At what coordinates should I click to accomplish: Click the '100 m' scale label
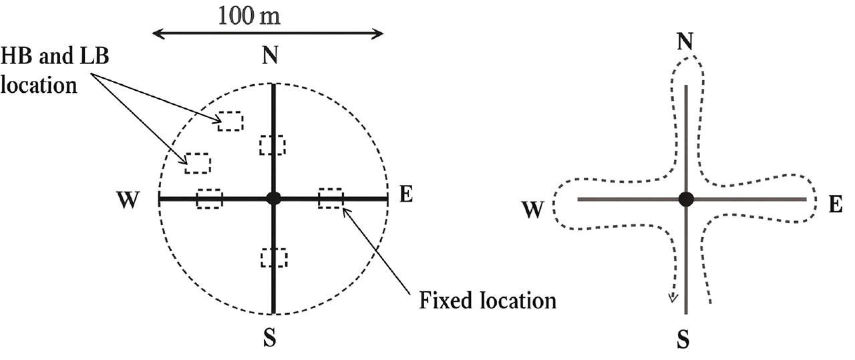(248, 15)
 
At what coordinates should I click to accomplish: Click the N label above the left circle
(270, 56)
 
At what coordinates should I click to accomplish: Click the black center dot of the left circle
(273, 198)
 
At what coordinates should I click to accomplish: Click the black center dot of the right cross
(685, 199)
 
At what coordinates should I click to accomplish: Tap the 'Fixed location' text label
(488, 301)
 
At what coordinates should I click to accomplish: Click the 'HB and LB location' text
(55, 70)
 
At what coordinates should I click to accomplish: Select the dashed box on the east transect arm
(331, 198)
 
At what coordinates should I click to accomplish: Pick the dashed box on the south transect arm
(274, 258)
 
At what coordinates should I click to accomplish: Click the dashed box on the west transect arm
(209, 198)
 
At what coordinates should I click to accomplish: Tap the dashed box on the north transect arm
(273, 145)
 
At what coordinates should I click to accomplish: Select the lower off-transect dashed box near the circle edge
(198, 163)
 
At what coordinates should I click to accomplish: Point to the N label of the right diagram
(684, 41)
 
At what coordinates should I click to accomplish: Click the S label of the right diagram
(683, 341)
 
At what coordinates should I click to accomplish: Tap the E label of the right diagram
(835, 204)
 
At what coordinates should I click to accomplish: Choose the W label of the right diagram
(533, 210)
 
